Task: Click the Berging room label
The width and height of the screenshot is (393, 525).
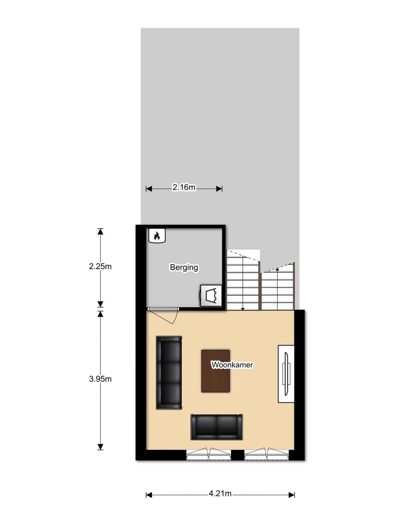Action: point(184,267)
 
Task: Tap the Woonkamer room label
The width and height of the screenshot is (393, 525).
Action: point(232,365)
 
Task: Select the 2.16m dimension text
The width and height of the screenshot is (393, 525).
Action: point(184,187)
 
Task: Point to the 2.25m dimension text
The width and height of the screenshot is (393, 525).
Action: point(100,266)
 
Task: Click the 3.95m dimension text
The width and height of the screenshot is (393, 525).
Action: point(100,379)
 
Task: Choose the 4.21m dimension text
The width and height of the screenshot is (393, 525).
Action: point(220,494)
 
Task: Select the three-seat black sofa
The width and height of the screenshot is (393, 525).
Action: point(169,373)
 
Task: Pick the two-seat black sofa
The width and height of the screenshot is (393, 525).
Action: point(217,427)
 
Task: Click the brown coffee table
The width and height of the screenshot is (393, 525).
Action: point(215,371)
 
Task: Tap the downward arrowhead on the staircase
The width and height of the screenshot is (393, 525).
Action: point(243,309)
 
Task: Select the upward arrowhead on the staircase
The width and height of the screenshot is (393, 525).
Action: point(277,269)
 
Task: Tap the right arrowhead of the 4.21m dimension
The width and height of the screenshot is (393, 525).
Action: point(292,495)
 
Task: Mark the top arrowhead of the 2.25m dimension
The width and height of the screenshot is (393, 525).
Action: point(100,232)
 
